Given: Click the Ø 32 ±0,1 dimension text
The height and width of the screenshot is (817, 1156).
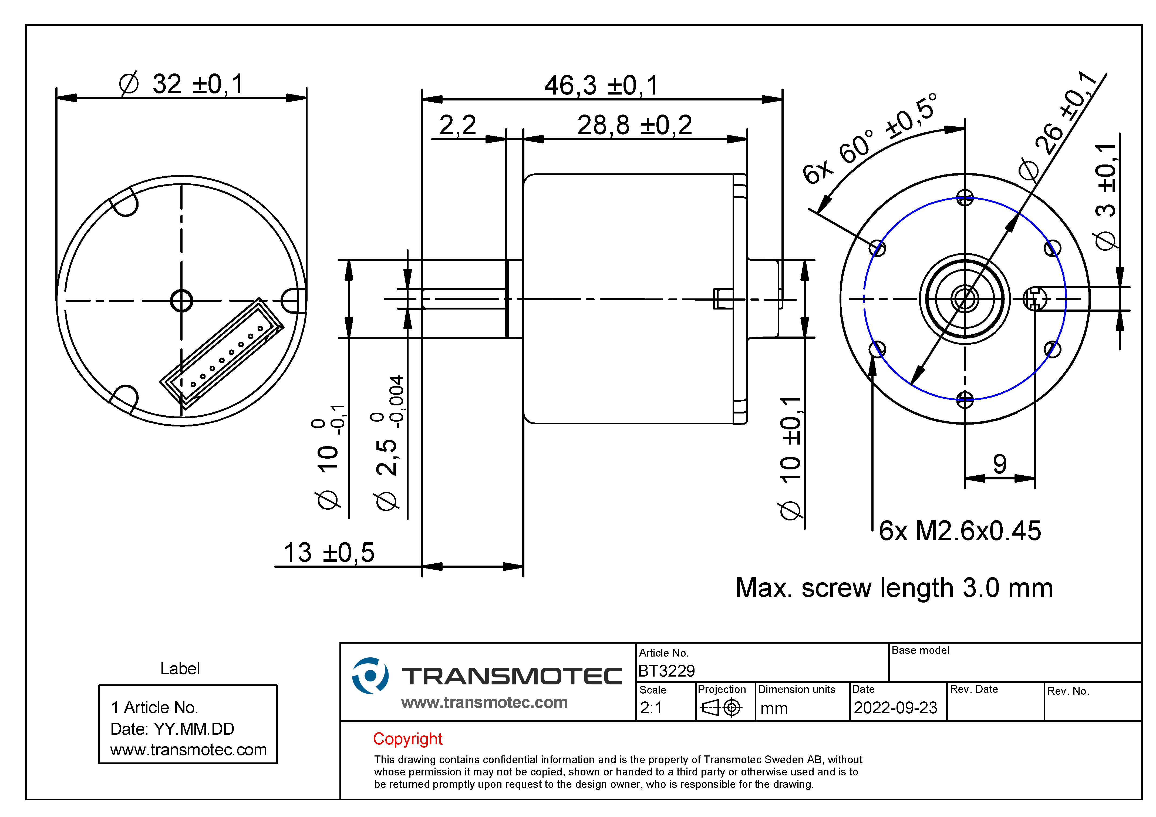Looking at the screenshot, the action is [x=181, y=84].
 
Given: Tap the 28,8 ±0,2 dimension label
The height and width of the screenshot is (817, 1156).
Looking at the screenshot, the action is [x=634, y=125].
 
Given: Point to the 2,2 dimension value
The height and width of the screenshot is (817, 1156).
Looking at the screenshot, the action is [x=458, y=125].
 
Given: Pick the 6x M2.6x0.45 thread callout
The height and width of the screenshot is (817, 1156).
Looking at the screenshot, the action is [x=960, y=531].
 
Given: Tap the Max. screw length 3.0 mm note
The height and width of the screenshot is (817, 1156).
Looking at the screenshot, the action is [x=894, y=587].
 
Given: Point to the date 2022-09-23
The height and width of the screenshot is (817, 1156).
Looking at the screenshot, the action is [x=895, y=708].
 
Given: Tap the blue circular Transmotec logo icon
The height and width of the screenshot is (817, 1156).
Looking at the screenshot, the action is [x=370, y=675].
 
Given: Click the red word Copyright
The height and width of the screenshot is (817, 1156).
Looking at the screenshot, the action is [x=407, y=739].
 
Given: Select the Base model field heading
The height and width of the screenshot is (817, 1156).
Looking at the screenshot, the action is [x=920, y=650].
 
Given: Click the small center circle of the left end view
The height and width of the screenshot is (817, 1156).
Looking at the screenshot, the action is [x=182, y=301].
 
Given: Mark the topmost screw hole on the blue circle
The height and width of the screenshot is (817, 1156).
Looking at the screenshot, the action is [x=965, y=197].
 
